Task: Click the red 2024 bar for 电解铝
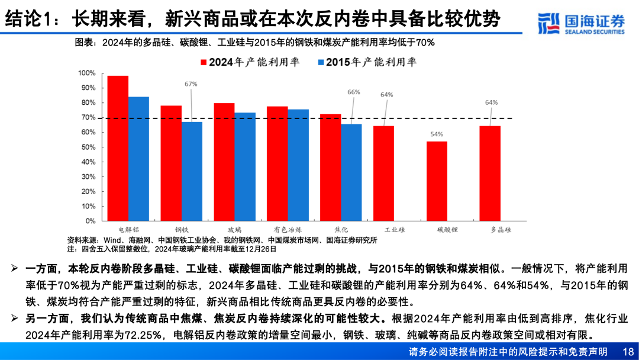point(118,148)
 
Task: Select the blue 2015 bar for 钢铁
point(192,171)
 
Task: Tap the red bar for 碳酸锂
point(437,181)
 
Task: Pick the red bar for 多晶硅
point(490,173)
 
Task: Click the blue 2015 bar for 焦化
point(351,172)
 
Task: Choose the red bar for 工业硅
point(383,173)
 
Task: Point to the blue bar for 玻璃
point(245,166)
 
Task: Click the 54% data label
point(437,134)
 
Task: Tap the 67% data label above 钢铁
point(191,84)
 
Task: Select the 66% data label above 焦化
point(354,92)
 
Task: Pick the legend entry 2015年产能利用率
point(367,61)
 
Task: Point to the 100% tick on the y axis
point(86,73)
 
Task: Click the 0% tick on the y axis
point(90,221)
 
